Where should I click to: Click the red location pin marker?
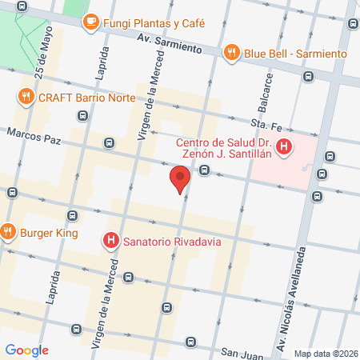pyautogui.click(x=180, y=178)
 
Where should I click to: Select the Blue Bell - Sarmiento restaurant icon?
pyautogui.click(x=231, y=53)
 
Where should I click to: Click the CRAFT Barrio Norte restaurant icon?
pyautogui.click(x=25, y=98)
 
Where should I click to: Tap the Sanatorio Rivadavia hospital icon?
pyautogui.click(x=110, y=240)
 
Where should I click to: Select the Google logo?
pyautogui.click(x=26, y=350)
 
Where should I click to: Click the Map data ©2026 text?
pyautogui.click(x=323, y=354)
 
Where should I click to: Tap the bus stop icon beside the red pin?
pyautogui.click(x=205, y=170)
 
